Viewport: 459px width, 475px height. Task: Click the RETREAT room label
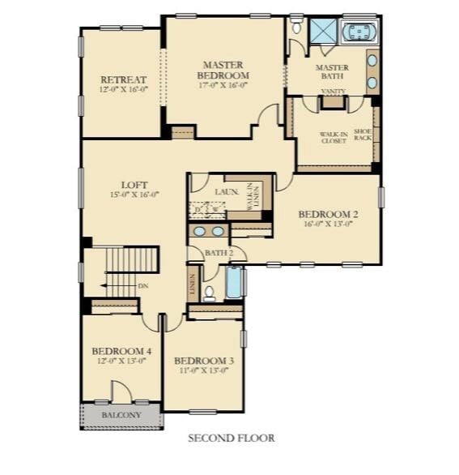(123, 79)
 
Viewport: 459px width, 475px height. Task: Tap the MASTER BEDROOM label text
(223, 70)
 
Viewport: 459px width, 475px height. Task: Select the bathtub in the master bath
(358, 32)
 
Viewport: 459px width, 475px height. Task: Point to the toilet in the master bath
(296, 28)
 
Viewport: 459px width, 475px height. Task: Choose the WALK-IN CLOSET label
(333, 137)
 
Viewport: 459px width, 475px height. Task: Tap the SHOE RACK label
(363, 135)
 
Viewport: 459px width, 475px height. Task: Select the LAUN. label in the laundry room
(226, 192)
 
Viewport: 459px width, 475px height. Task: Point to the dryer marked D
(198, 210)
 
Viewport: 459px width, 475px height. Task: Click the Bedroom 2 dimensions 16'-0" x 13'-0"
(328, 225)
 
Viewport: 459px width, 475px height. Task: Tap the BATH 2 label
(218, 254)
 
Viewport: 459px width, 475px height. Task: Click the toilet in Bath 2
(209, 292)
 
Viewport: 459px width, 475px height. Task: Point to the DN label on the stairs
(142, 285)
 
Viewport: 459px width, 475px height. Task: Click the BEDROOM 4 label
(122, 351)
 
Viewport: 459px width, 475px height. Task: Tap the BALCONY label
(121, 415)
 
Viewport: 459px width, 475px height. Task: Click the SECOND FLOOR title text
(231, 439)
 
